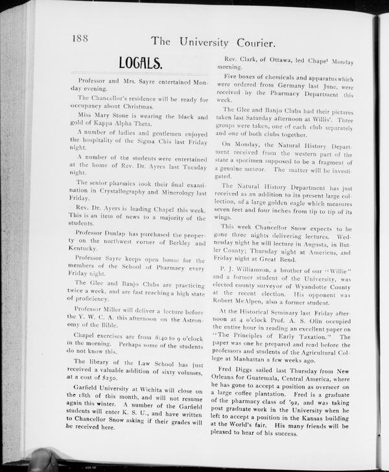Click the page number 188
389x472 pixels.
[80, 40]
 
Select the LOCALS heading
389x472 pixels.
[140, 63]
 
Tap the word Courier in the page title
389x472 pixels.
[253, 43]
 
